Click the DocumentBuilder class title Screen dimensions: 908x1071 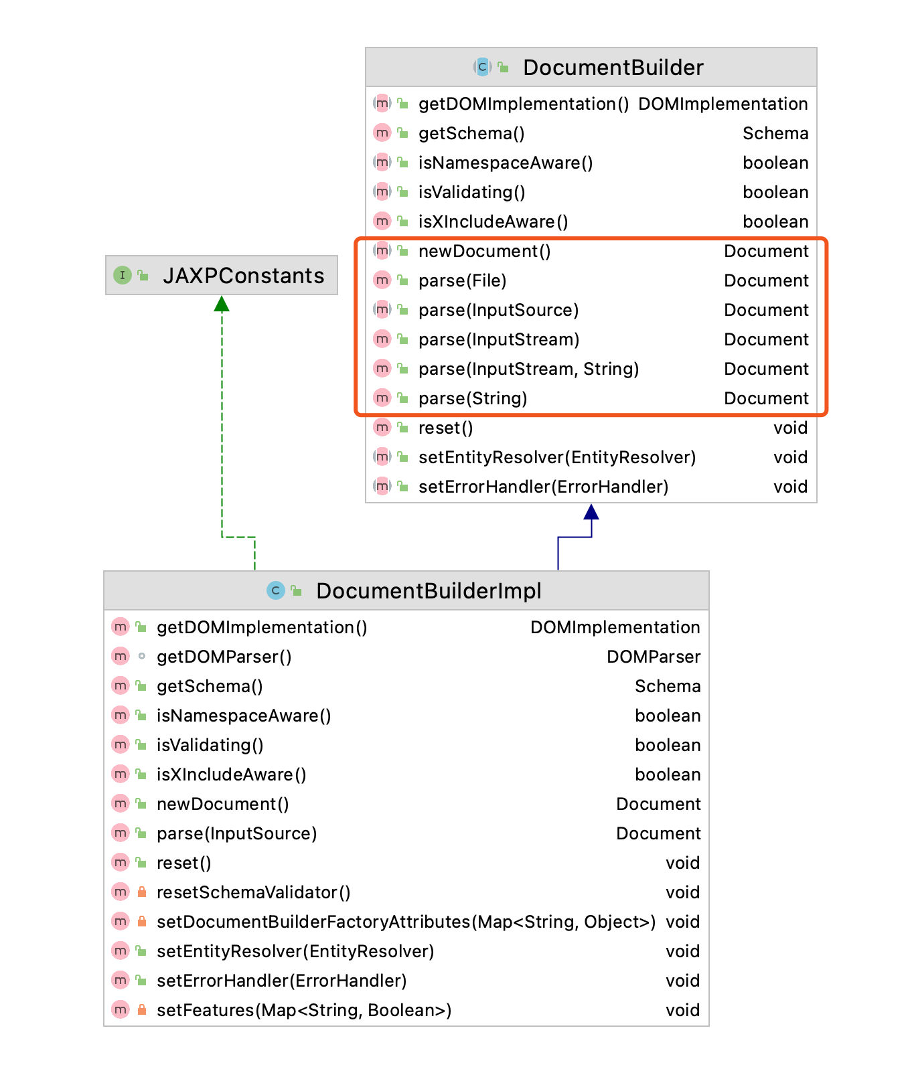[x=613, y=68]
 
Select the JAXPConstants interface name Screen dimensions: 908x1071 [x=244, y=276]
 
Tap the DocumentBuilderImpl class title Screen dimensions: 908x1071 [x=429, y=591]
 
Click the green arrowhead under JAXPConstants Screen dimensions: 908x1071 [x=222, y=304]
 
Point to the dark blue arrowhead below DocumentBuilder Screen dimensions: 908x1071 [x=591, y=512]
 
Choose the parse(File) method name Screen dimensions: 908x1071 [x=463, y=280]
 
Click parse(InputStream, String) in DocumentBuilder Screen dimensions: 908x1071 [x=529, y=369]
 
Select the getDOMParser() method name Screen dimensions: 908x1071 [x=224, y=657]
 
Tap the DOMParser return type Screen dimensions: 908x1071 [x=654, y=657]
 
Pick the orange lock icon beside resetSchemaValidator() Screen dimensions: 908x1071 [x=141, y=892]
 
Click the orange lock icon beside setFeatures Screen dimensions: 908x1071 [x=141, y=1009]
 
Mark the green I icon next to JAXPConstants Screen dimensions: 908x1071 [x=123, y=275]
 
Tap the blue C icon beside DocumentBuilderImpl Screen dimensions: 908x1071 [x=275, y=590]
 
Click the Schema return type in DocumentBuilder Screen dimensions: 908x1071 [x=775, y=133]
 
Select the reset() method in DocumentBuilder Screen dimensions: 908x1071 [x=446, y=428]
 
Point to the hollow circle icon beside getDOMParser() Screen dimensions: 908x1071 [x=141, y=656]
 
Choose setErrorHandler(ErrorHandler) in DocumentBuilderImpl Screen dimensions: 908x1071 [x=282, y=981]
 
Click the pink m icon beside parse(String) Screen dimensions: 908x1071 [x=382, y=398]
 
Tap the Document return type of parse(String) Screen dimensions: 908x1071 [x=767, y=398]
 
